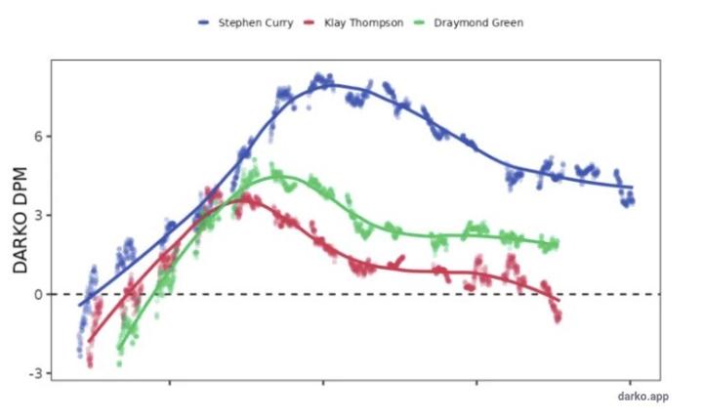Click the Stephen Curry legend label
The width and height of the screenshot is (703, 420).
(x=257, y=21)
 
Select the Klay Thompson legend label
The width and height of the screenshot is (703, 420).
(x=363, y=21)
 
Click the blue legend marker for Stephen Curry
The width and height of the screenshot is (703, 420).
(x=204, y=21)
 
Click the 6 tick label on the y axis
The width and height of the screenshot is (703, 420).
(x=35, y=137)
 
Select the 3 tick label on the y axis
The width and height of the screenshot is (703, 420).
(x=35, y=216)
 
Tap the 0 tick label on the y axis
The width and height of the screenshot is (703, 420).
(x=35, y=294)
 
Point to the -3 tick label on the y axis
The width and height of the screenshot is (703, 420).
(x=32, y=373)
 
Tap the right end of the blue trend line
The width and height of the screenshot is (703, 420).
(x=633, y=187)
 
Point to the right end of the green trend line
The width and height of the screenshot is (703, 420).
(x=558, y=243)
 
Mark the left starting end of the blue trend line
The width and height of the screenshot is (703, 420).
(x=80, y=306)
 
